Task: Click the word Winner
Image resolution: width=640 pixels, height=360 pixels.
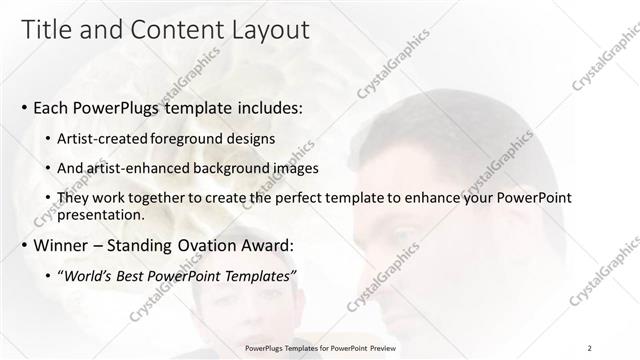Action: pyautogui.click(x=61, y=246)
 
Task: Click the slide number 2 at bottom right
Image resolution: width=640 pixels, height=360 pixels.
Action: pyautogui.click(x=590, y=347)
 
